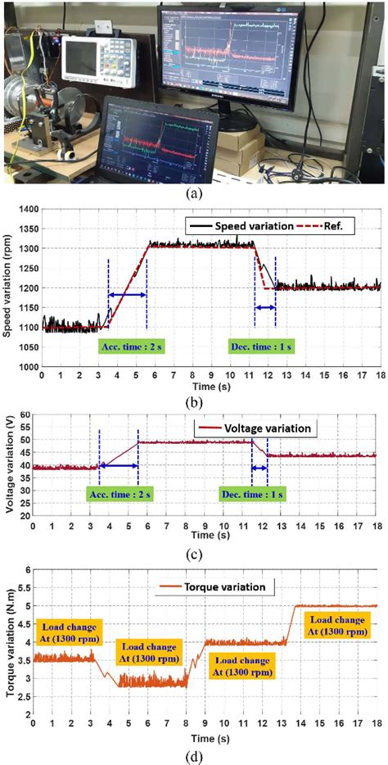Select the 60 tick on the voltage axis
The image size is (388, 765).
pos(31,416)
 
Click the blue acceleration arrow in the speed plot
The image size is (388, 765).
pos(127,295)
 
